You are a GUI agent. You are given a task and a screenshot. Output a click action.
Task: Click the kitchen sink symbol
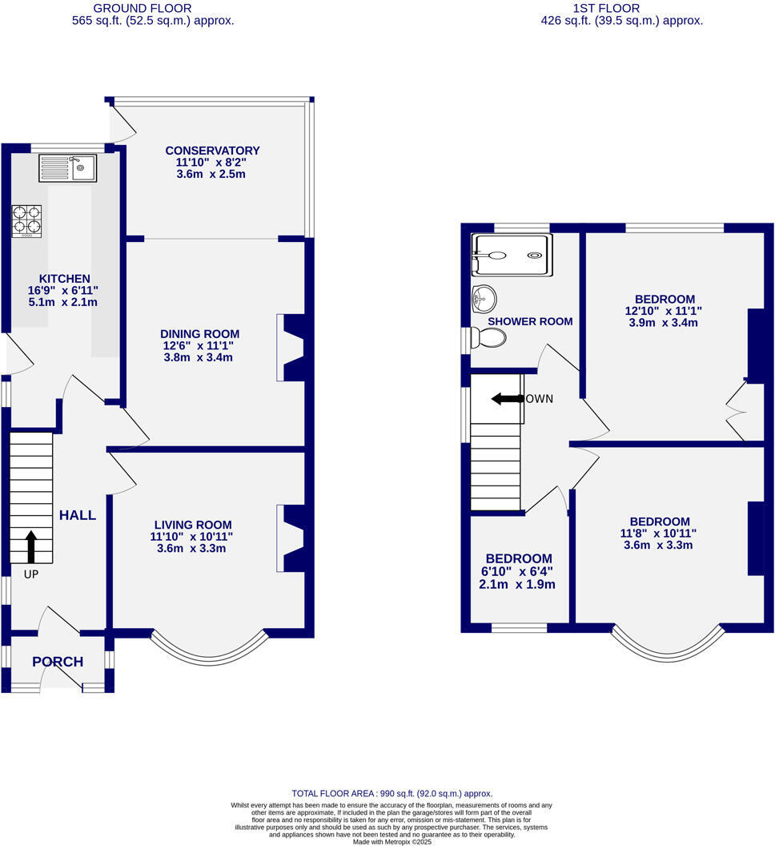click(67, 167)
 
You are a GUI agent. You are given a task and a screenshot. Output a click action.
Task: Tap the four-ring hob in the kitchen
click(26, 220)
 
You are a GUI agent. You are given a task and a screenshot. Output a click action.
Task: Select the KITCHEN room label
click(70, 278)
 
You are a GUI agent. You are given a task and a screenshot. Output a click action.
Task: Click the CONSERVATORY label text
click(212, 151)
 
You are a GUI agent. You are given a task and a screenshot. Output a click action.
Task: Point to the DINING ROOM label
click(199, 334)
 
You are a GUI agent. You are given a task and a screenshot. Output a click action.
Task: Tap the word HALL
click(77, 515)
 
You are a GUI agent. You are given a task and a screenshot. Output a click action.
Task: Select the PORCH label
click(58, 662)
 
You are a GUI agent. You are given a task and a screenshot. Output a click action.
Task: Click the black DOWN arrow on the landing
click(506, 398)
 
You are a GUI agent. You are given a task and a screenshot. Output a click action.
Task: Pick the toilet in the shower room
click(488, 338)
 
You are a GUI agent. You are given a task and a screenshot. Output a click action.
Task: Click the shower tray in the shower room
click(512, 256)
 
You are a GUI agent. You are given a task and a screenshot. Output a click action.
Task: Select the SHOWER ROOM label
click(530, 321)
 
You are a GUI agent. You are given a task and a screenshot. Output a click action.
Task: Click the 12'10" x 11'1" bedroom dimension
click(663, 311)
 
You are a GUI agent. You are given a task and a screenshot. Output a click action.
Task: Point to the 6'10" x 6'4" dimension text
click(518, 572)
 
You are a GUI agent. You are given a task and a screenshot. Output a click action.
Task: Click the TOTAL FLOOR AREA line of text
click(392, 793)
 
